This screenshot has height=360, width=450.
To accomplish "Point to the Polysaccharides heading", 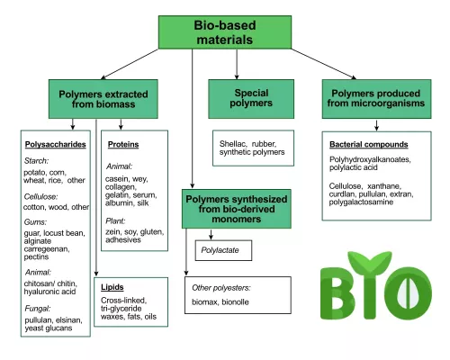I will [55, 143].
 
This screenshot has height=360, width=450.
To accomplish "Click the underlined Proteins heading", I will [123, 143].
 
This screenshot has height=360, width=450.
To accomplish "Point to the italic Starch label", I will [38, 160].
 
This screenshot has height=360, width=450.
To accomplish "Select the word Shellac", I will [234, 143].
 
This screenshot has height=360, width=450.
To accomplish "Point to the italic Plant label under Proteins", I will [114, 220].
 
